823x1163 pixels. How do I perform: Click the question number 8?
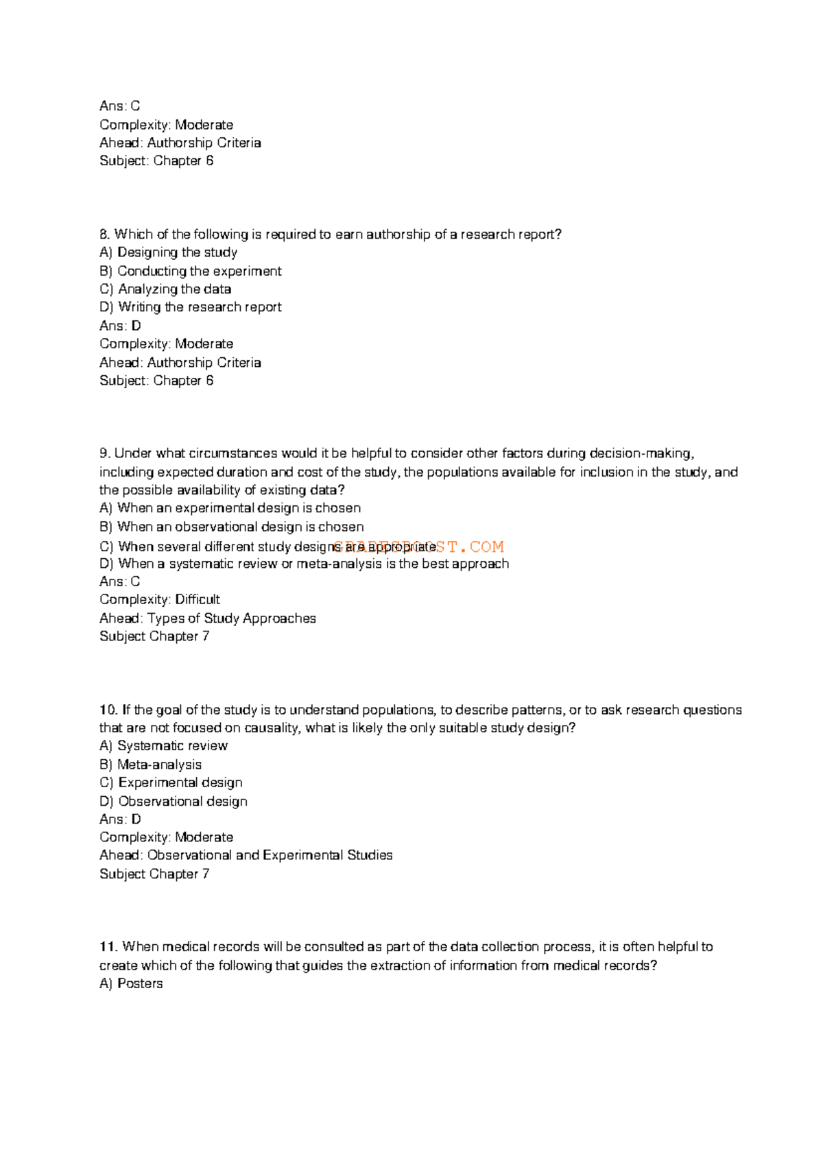(x=104, y=235)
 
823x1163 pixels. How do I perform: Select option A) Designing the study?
(x=168, y=252)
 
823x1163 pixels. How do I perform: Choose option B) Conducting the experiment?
(x=190, y=271)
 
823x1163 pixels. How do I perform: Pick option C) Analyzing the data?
(x=165, y=289)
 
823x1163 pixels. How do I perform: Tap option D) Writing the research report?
(x=190, y=307)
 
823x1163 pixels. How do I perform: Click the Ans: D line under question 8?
(x=120, y=326)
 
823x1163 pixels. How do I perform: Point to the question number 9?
(x=104, y=453)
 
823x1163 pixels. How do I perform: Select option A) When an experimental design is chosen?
(x=230, y=508)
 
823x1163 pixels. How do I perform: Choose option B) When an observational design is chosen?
(x=231, y=527)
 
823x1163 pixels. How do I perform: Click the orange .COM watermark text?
(x=486, y=547)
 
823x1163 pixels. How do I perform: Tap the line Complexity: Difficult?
(x=159, y=599)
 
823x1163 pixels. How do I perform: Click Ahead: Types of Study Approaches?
(x=207, y=618)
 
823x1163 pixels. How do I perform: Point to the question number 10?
(x=108, y=710)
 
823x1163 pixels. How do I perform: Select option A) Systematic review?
(x=163, y=745)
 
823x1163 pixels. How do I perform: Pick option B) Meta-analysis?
(x=150, y=764)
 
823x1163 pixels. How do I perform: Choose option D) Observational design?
(x=173, y=801)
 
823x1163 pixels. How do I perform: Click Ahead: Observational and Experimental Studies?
(x=246, y=855)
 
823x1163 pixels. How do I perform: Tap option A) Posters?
(x=131, y=983)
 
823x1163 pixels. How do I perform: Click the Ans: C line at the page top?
(x=119, y=106)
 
